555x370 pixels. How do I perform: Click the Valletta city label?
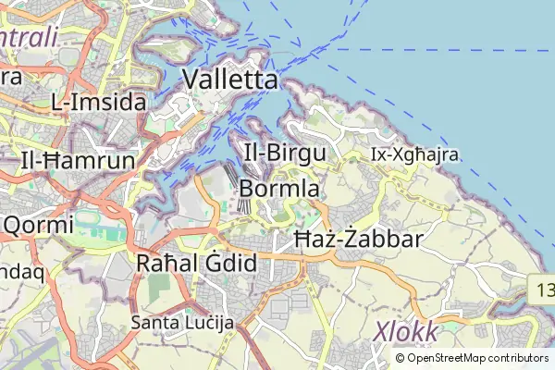pyautogui.click(x=230, y=80)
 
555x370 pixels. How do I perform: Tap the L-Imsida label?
pyautogui.click(x=99, y=102)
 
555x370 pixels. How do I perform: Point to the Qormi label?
pyautogui.click(x=39, y=225)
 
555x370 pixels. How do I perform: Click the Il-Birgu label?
pyautogui.click(x=283, y=153)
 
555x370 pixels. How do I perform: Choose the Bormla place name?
pyautogui.click(x=279, y=189)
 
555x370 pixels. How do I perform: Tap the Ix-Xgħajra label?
pyautogui.click(x=414, y=154)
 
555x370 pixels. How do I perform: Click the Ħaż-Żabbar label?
pyautogui.click(x=358, y=240)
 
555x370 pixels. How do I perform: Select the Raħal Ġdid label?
pyautogui.click(x=196, y=263)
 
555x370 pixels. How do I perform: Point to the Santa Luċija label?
pyautogui.click(x=183, y=322)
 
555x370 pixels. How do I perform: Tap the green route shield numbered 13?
pyautogui.click(x=544, y=290)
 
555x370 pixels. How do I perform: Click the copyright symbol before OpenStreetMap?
pyautogui.click(x=401, y=358)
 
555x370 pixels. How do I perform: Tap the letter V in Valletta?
pyautogui.click(x=193, y=80)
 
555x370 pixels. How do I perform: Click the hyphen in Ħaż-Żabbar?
pyautogui.click(x=342, y=240)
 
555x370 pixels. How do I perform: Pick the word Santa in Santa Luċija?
pyautogui.click(x=151, y=322)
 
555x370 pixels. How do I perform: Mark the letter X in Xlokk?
pyautogui.click(x=381, y=331)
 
